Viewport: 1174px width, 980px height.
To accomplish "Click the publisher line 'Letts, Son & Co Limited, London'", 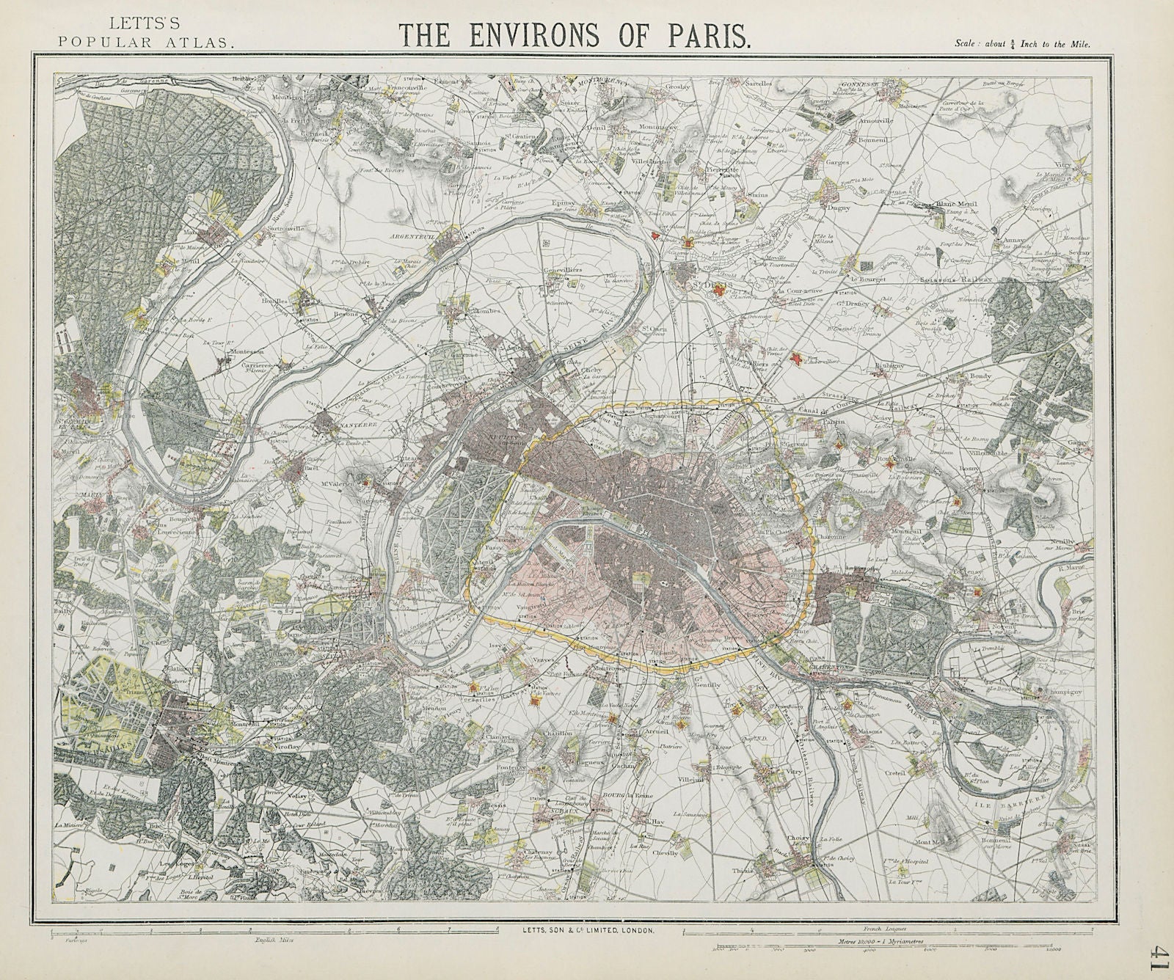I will pos(584,929).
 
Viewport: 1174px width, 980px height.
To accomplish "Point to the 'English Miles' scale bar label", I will pos(265,939).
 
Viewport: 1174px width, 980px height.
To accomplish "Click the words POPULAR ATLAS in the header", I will pos(146,43).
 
